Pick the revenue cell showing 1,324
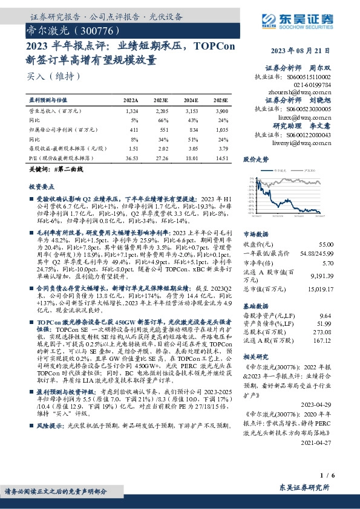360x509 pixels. point(133,111)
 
